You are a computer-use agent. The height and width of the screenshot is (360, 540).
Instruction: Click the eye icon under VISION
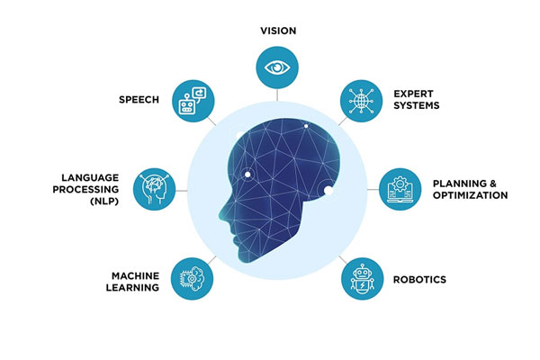coord(277,67)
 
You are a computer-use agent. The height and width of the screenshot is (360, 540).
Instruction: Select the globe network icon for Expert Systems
coord(361,101)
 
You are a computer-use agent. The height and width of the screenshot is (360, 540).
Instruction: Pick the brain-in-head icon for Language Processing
coord(154,189)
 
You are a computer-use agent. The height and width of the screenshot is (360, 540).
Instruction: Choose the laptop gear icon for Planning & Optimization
coord(400,189)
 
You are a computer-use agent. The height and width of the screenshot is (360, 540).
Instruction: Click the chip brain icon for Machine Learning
coord(193,278)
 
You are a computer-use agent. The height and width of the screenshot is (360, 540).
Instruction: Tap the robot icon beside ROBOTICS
coord(362,279)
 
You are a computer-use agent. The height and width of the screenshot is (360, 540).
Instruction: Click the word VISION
coord(278,31)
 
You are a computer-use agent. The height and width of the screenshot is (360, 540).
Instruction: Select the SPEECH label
coord(139,100)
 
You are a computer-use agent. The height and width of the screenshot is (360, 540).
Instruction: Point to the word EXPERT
coord(413,94)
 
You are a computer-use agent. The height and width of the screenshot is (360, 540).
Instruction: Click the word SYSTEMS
coord(417,105)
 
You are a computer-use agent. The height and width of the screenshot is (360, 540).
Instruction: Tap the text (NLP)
coord(104,202)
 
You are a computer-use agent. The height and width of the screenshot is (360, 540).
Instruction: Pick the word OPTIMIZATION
coord(470,195)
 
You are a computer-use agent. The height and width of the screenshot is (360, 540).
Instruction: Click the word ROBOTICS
coord(419,279)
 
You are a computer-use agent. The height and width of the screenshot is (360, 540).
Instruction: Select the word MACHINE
coord(135,276)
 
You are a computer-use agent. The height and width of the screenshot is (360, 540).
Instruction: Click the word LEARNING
coord(132,288)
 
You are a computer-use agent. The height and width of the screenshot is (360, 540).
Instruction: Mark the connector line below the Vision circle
coord(277,94)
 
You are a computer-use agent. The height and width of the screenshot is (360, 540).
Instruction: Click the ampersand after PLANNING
coord(493,184)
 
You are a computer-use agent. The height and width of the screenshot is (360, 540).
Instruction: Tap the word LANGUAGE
coord(90,178)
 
